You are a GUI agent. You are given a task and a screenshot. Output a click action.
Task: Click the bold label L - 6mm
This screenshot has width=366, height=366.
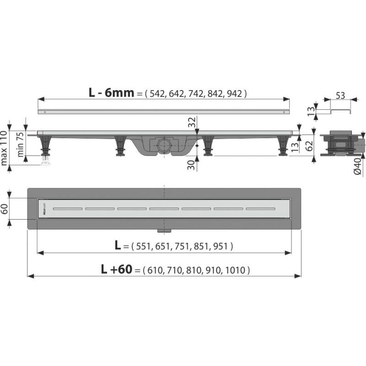pyautogui.click(x=112, y=93)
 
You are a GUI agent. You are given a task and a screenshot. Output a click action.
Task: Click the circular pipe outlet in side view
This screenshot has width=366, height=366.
pyautogui.click(x=163, y=146)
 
